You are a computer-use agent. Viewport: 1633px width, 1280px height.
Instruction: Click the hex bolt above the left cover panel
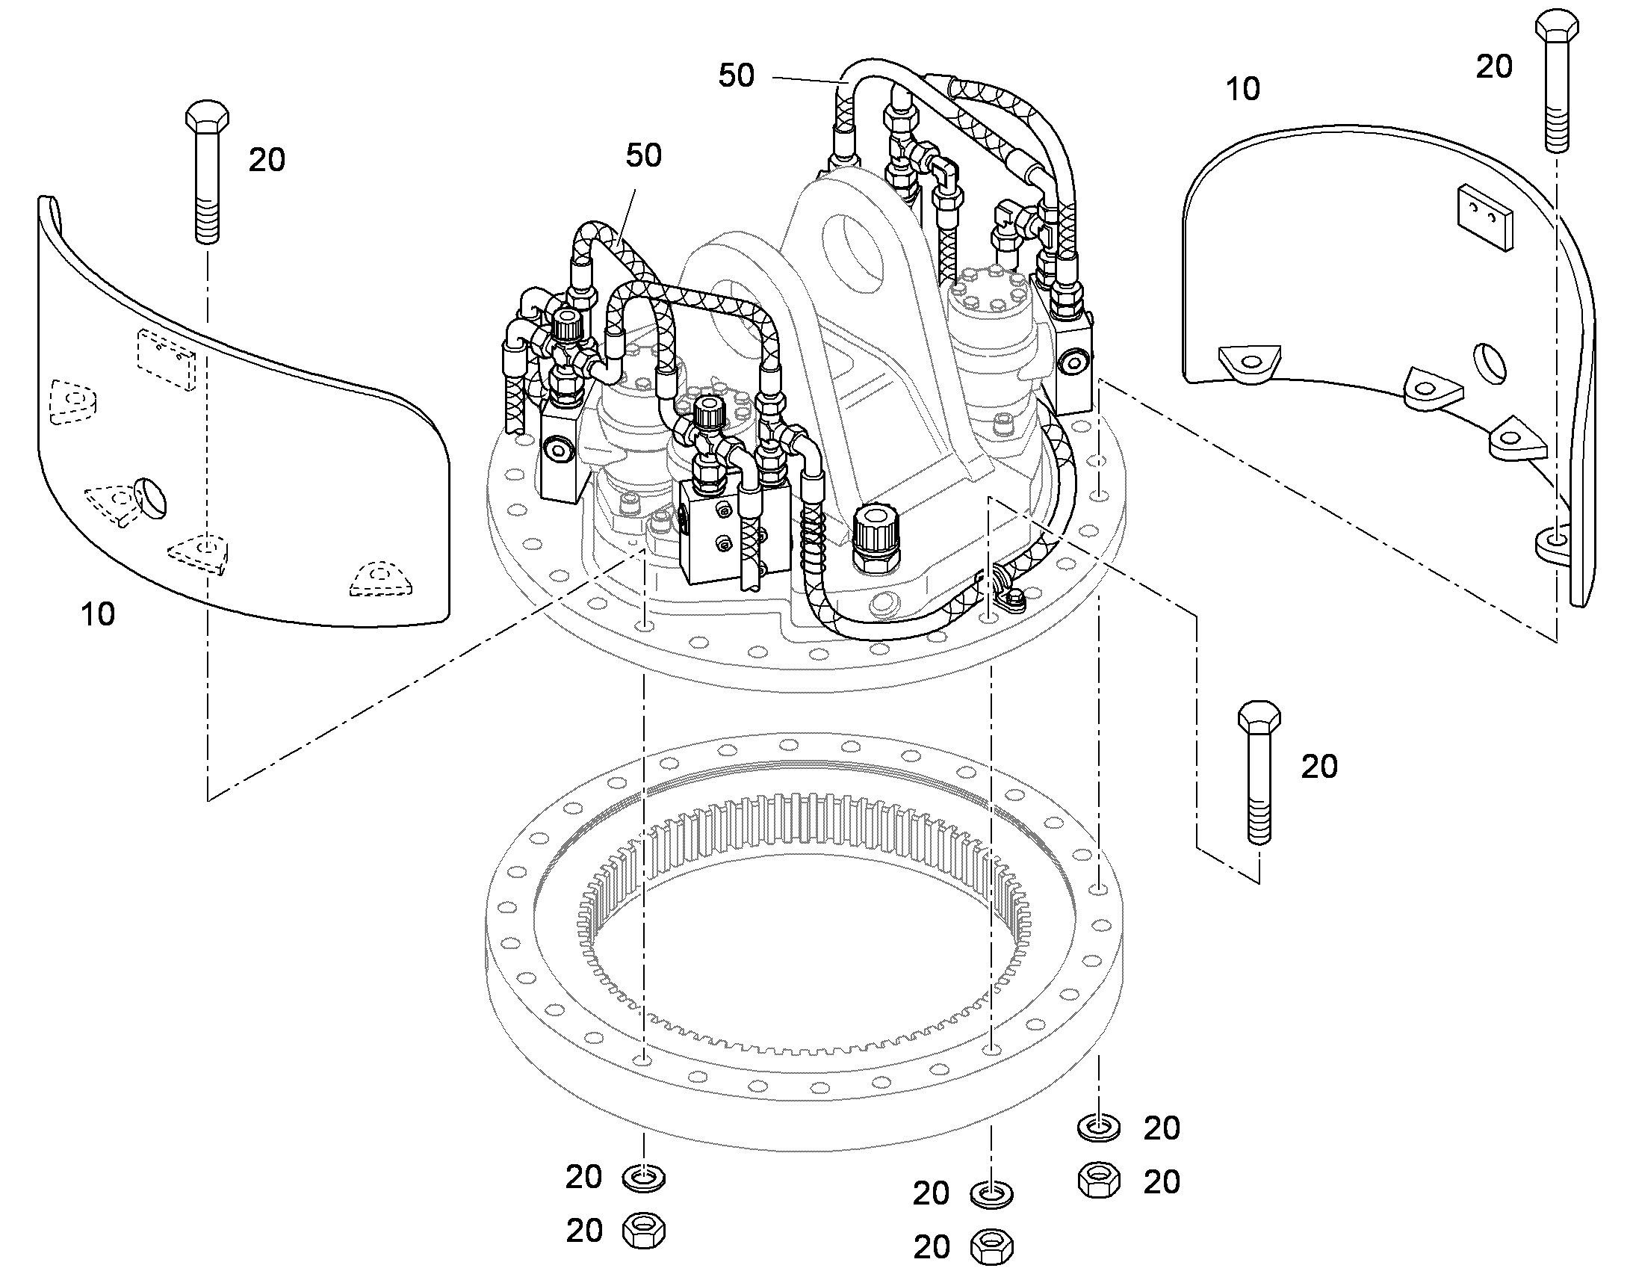(x=207, y=171)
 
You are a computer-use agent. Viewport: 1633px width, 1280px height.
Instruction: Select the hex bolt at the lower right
(x=1259, y=772)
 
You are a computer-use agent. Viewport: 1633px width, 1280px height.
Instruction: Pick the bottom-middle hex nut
(x=991, y=1247)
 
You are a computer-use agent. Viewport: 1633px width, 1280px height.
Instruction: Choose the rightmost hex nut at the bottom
(x=1099, y=1181)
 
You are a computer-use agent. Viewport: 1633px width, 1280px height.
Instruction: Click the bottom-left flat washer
(x=643, y=1178)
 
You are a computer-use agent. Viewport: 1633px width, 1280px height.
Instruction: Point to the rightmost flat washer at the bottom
(x=1099, y=1127)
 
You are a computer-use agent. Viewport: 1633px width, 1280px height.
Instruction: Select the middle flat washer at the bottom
(x=991, y=1193)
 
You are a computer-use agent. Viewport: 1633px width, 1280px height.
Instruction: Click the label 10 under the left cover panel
(x=98, y=614)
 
